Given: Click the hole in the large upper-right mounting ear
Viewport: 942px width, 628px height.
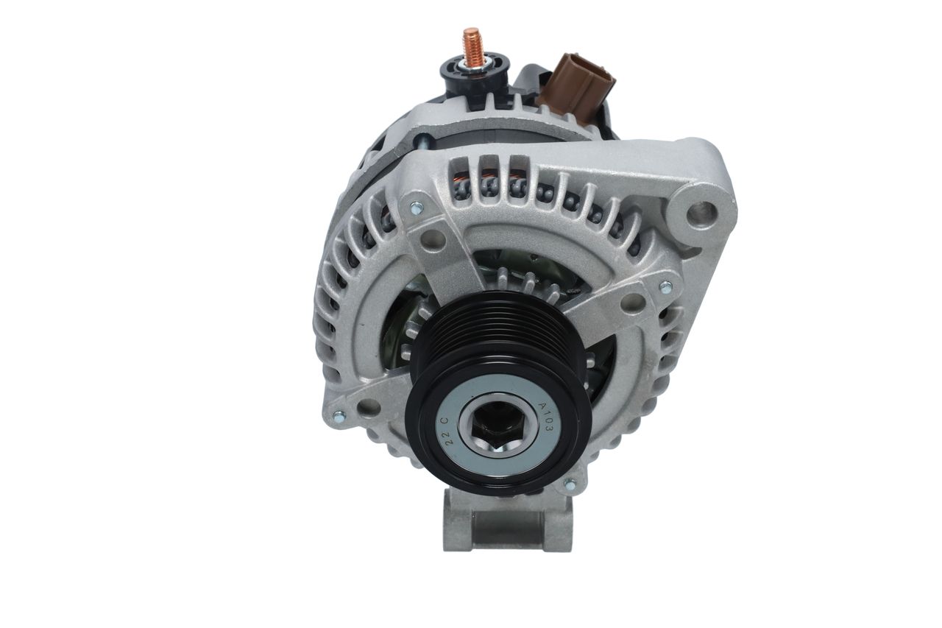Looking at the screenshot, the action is [x=702, y=213].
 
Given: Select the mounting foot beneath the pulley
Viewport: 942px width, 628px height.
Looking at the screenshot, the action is [x=508, y=521].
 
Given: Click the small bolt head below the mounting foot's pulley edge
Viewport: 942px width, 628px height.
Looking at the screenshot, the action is [x=570, y=485].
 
